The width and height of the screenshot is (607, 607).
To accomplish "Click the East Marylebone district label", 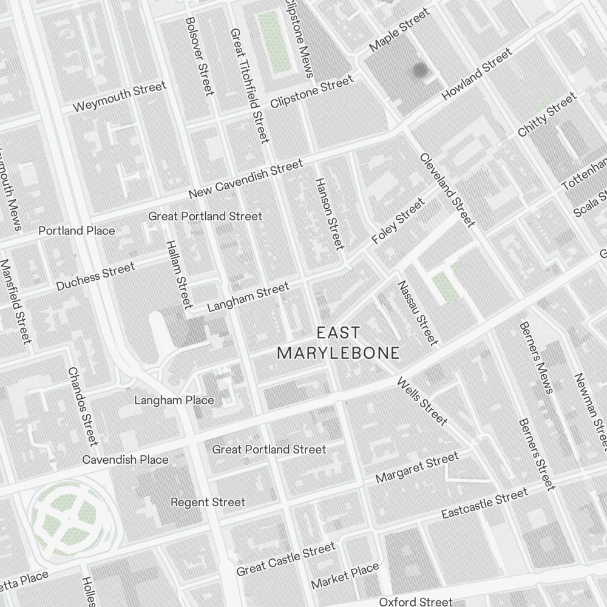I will coord(338,343).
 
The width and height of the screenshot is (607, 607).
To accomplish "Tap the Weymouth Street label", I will coord(119,97).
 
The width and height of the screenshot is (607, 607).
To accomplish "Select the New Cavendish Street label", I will coord(245,180).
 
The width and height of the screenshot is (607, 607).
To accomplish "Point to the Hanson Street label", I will coord(329,213).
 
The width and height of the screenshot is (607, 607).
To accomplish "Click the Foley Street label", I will coord(398,222).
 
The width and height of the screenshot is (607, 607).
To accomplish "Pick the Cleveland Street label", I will coord(446,190).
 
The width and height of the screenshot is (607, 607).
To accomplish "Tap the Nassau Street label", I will coord(417,313).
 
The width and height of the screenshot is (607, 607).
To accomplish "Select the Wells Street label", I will coord(422,401).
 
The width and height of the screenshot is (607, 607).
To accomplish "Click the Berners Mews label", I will coord(536,358).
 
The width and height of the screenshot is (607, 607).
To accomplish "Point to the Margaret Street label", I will coord(416,468).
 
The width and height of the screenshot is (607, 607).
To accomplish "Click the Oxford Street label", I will coord(416,602).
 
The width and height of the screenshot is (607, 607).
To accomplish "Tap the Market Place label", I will coord(345,575).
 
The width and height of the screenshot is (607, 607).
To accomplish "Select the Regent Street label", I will coord(208,502).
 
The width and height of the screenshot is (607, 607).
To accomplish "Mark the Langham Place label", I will coord(174,400).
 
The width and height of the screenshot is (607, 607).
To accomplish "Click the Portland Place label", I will coord(76,231).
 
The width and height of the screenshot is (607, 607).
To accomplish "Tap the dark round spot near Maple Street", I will coord(420,70).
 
